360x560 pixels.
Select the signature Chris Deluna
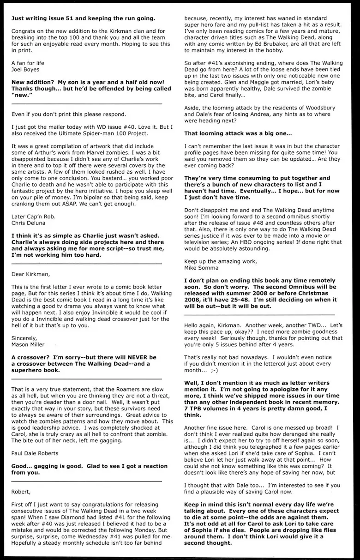[x=29, y=222]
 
